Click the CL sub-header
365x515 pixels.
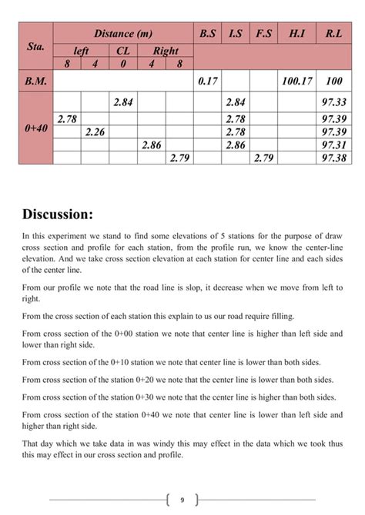(x=123, y=51)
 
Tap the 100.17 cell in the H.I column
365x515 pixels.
(x=296, y=80)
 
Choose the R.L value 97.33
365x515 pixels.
(x=334, y=101)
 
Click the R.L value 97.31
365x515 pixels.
(x=334, y=145)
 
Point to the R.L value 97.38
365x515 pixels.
(x=334, y=158)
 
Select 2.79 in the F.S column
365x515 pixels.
(x=263, y=158)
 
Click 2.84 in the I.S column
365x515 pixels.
(x=236, y=101)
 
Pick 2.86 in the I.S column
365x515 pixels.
(x=236, y=145)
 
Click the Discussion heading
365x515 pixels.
(x=58, y=213)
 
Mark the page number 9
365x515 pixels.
(x=182, y=500)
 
